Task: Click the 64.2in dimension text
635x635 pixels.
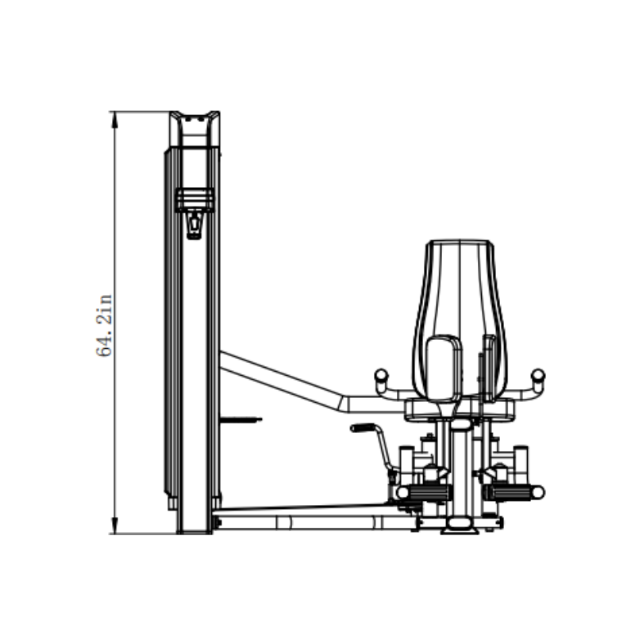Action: (x=105, y=325)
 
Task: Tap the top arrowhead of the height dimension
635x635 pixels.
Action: (x=115, y=118)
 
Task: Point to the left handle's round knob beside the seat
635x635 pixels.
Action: (x=380, y=374)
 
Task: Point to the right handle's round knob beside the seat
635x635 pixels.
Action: (x=537, y=374)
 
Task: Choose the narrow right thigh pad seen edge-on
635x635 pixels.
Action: (x=489, y=365)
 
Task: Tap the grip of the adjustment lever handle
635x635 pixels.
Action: (x=364, y=428)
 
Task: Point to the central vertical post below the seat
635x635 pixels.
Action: (x=460, y=468)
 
